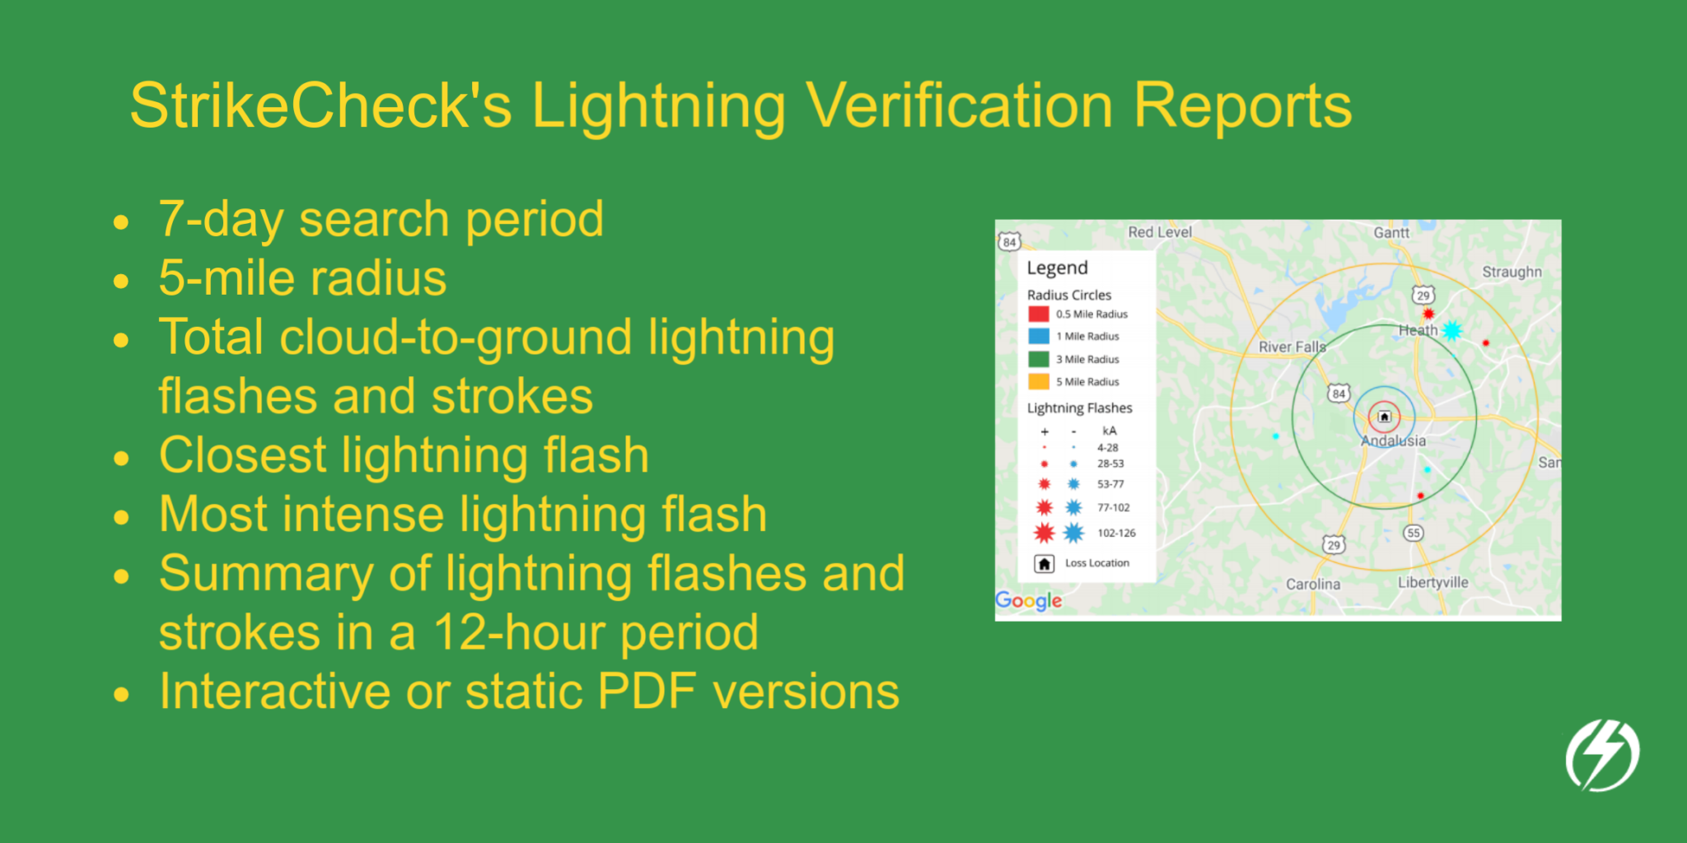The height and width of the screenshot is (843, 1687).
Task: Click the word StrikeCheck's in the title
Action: click(320, 106)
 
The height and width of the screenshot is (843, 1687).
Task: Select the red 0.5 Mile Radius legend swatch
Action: click(1038, 314)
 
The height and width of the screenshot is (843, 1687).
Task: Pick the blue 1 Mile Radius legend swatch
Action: click(1038, 336)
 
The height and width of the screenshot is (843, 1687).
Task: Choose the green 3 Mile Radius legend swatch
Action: click(1038, 359)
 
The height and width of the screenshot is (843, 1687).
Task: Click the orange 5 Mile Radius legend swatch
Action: click(1038, 381)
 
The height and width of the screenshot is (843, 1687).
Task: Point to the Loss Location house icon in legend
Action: click(1044, 564)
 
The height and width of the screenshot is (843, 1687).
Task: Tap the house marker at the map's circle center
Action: click(1385, 417)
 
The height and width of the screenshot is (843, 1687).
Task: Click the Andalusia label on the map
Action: click(1393, 441)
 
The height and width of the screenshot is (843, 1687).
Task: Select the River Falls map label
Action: click(1292, 347)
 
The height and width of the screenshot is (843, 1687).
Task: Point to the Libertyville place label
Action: click(1432, 582)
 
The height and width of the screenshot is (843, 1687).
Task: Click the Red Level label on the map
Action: click(1159, 232)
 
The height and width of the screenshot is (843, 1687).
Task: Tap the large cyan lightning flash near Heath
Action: click(1451, 330)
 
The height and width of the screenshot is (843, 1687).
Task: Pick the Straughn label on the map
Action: click(1512, 272)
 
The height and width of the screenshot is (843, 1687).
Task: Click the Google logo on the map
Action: click(1028, 601)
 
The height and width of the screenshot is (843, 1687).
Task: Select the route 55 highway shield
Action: click(1414, 533)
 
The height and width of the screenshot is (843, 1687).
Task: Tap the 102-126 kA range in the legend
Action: click(1116, 533)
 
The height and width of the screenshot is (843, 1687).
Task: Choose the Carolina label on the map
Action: click(1313, 585)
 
